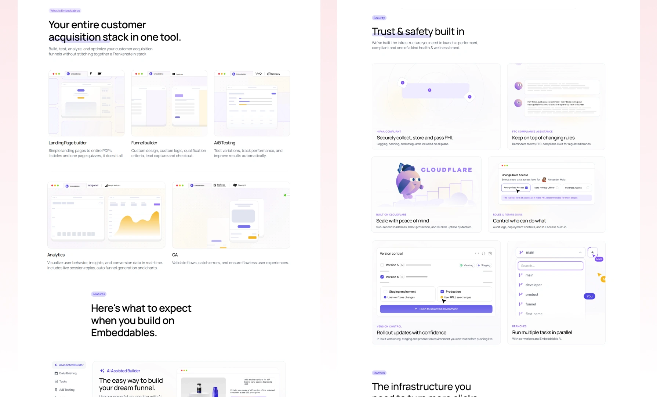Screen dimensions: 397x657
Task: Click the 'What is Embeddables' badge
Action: point(65,11)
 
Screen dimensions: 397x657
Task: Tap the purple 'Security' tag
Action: point(379,18)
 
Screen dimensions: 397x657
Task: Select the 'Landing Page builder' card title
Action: point(68,143)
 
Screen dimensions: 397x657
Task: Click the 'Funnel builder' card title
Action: point(144,143)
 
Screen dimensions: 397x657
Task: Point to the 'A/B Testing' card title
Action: point(225,143)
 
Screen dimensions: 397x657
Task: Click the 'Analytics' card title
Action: point(56,255)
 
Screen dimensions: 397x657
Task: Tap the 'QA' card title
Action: point(175,255)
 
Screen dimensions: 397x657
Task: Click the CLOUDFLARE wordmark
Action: point(446,170)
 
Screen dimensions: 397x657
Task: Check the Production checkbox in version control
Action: point(442,292)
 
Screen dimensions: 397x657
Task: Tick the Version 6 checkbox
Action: point(382,277)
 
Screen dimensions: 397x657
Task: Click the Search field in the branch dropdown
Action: point(550,266)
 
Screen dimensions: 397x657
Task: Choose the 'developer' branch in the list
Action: point(533,285)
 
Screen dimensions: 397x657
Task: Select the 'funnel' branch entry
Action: point(530,304)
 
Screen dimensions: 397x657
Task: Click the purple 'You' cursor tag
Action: point(589,296)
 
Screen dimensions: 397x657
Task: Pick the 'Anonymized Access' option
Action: point(516,188)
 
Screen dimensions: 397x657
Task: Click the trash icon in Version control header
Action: point(490,254)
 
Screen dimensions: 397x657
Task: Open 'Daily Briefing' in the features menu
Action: point(68,373)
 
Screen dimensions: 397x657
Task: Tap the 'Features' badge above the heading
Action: point(99,294)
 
